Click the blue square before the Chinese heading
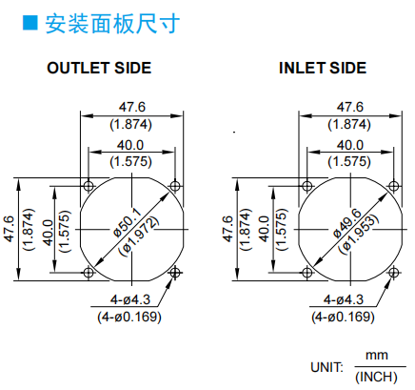30,23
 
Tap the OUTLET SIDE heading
99,68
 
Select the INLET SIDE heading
323,68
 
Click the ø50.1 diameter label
127,222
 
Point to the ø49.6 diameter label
347,222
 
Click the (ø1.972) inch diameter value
138,236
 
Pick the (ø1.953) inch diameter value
359,234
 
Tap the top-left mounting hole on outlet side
89,186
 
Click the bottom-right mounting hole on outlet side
175,273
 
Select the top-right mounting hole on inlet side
394,186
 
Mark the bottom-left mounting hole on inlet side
307,273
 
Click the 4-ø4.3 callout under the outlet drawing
130,299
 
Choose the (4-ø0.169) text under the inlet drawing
343,317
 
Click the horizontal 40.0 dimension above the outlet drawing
130,145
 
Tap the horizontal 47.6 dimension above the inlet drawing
350,107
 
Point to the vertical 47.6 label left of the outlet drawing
10,229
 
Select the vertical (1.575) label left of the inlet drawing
281,229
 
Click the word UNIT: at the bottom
326,367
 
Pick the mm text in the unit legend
377,356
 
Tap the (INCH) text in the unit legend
376,378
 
